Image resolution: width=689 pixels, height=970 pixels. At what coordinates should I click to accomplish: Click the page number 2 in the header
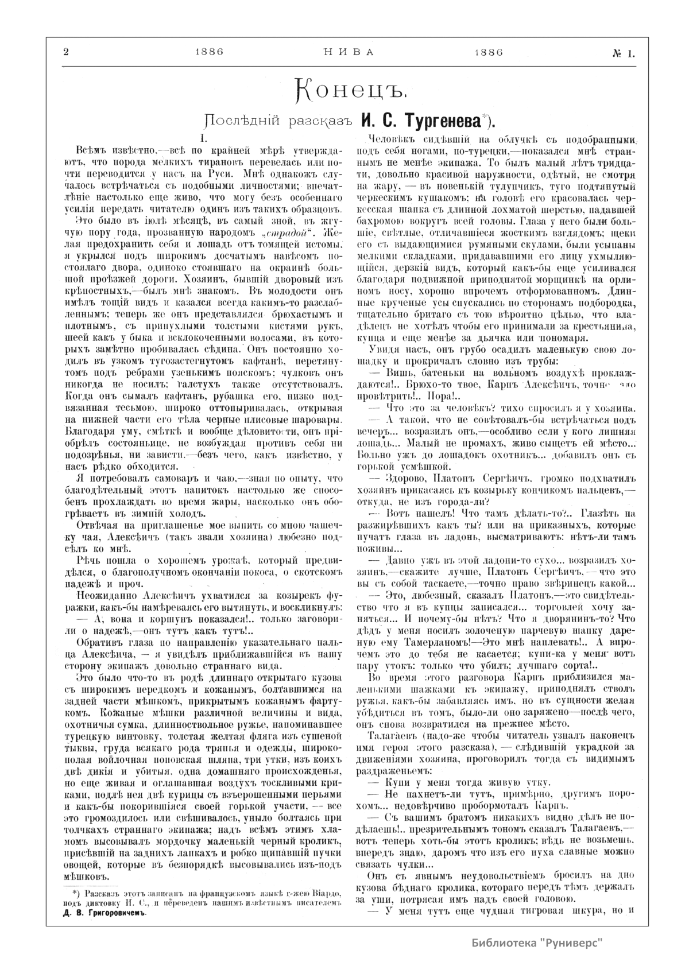coord(65,52)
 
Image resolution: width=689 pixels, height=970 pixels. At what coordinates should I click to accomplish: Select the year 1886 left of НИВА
coord(209,52)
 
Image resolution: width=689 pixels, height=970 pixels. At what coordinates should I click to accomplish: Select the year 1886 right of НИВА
coord(489,52)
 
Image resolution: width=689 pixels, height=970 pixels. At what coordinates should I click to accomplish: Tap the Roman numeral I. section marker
coord(202,139)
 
